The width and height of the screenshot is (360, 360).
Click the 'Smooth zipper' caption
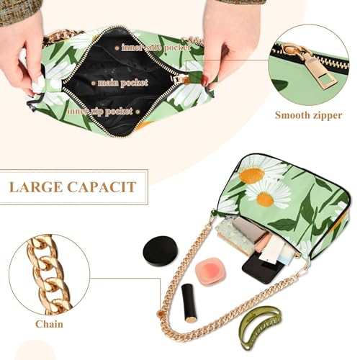pyautogui.click(x=307, y=115)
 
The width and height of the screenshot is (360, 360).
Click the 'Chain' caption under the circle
pyautogui.click(x=49, y=324)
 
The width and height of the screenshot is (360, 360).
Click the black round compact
pyautogui.click(x=160, y=250)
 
